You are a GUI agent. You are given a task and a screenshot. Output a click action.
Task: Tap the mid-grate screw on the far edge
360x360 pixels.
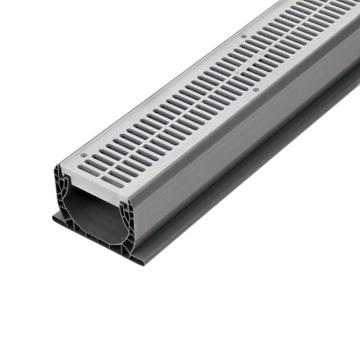[x=243, y=36]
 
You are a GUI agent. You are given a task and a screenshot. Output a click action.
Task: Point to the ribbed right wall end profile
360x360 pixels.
[x=128, y=223]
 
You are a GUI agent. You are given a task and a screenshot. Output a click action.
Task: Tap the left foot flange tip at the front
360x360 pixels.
[x=55, y=218]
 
